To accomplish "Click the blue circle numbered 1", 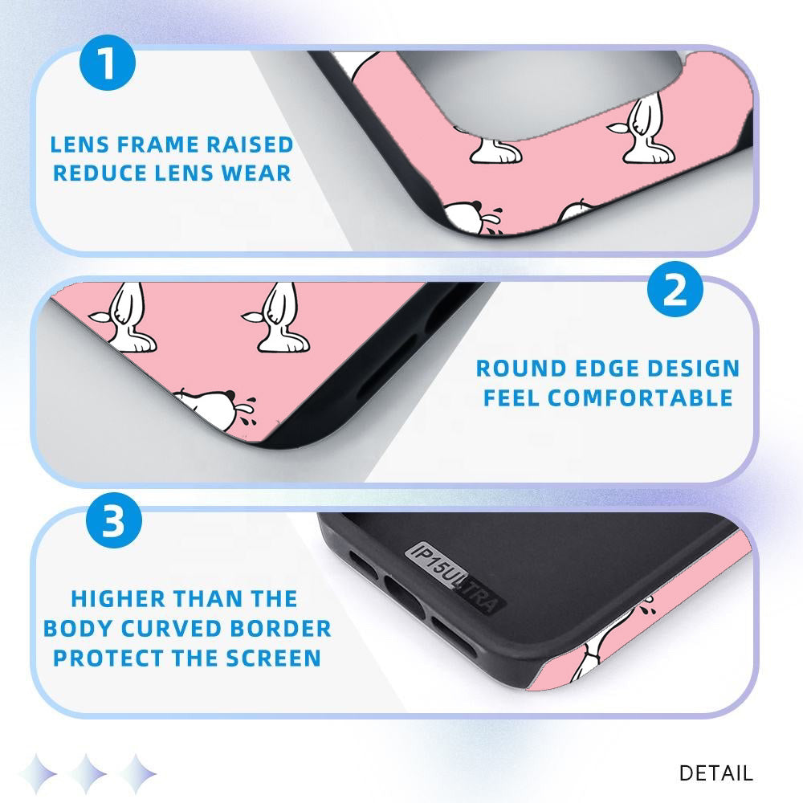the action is coord(108,63).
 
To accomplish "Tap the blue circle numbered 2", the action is coord(675,289).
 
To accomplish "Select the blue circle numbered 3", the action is coord(114,520).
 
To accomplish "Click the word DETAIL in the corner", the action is coord(716,773).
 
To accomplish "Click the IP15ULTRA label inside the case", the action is coord(454,577).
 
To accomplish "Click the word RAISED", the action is coord(250,145).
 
